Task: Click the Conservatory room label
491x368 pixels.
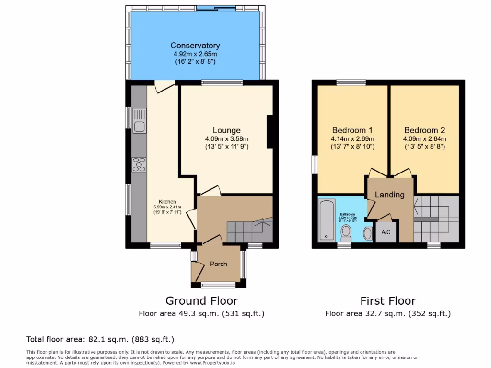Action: point(195,46)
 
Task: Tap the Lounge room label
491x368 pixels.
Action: point(226,130)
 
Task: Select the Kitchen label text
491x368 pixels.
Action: point(167,202)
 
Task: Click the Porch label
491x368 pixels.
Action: point(218,264)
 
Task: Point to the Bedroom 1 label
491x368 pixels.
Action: point(352,130)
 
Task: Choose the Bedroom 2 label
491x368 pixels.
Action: point(424,130)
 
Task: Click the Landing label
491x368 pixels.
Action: point(389,195)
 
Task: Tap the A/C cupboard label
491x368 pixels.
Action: point(386,232)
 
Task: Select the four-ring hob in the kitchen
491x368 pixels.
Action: point(140,164)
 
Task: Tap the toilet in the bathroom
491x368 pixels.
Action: point(346,233)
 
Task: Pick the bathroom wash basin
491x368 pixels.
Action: point(368,233)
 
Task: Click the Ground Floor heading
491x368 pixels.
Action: point(201,301)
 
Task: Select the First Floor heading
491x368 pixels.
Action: point(388,301)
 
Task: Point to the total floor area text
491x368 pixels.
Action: point(100,339)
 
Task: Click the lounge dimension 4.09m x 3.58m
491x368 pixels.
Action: point(226,139)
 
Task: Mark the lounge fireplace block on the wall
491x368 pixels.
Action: point(270,132)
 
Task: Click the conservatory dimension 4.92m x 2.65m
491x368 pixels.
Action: point(195,54)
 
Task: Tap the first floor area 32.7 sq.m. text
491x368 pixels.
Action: point(388,314)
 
